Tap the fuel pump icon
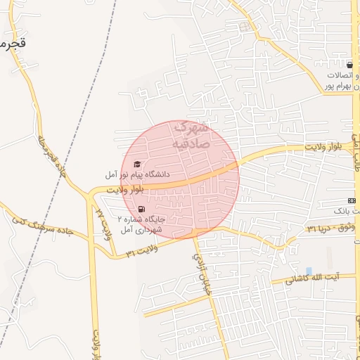(x=141, y=209)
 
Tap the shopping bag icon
(x=349, y=65)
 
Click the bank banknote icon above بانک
(x=352, y=200)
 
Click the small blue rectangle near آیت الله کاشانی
(x=309, y=271)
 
